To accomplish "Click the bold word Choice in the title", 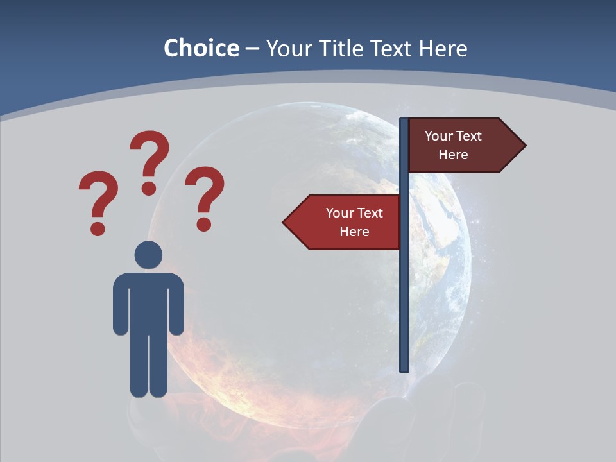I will pos(201,48).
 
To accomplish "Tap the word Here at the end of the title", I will pos(443,48).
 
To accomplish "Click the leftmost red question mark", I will pos(98,202).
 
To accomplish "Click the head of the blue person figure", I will pos(148,255).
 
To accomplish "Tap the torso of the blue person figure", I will pos(148,302).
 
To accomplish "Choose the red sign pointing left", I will pos(350,222).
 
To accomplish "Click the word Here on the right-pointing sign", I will pos(453,155).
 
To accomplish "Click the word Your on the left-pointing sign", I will pos(339,213).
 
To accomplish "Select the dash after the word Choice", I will pos(252,49).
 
